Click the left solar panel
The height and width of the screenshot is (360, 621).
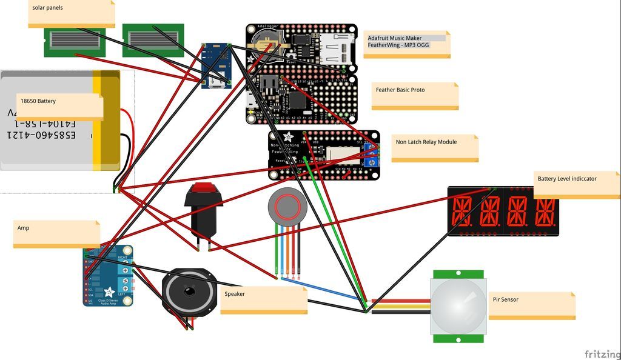point(66,41)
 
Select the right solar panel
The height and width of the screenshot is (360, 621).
point(153,40)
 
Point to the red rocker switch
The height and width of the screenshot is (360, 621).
point(203,210)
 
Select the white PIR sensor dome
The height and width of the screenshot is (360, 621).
point(458,302)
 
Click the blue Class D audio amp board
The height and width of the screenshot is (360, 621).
point(108,275)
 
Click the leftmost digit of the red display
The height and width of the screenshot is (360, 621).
point(462,212)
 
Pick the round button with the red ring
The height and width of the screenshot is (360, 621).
point(283,207)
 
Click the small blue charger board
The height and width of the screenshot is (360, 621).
point(217,65)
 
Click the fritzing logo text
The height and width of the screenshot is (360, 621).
point(602,354)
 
